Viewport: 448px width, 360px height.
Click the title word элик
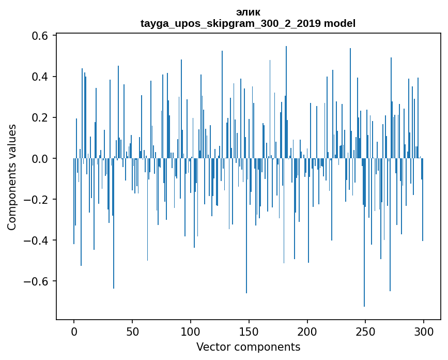click(248, 12)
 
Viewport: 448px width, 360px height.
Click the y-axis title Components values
click(12, 177)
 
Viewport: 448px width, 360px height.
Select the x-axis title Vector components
click(248, 347)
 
